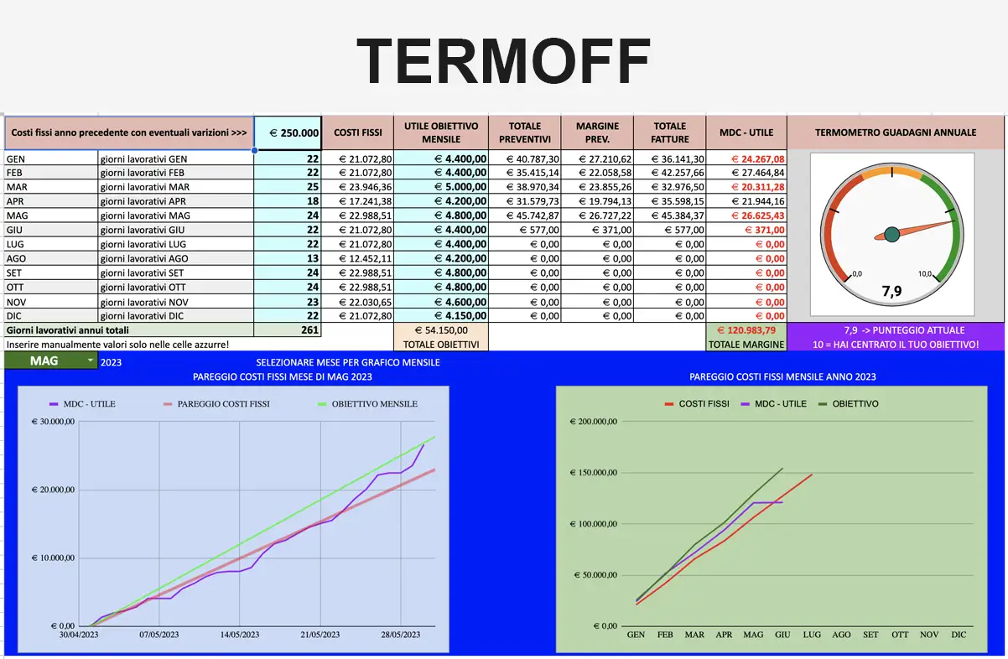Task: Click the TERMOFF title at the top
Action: coord(503,61)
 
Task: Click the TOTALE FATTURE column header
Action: coord(669,132)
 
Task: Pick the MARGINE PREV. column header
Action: coord(597,132)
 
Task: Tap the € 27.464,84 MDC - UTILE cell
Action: coord(758,173)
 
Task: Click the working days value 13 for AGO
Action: coord(312,258)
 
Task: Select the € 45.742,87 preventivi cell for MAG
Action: coord(533,215)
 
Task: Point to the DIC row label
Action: coord(14,316)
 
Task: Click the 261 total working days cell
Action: coord(309,330)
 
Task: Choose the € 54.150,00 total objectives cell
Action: coord(441,330)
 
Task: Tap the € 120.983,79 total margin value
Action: coord(746,330)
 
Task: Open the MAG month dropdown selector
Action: coord(51,361)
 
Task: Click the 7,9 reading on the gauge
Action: coord(891,292)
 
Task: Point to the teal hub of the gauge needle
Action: coord(892,235)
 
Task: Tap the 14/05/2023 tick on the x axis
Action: coord(239,635)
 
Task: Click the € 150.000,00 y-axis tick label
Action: coord(594,473)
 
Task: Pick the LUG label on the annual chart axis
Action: coord(812,635)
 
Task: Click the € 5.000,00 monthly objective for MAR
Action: coord(460,187)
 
